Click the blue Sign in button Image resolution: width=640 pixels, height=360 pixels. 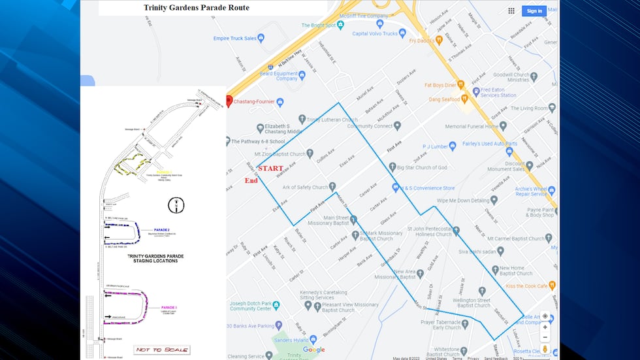tap(534, 10)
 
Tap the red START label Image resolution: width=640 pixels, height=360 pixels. tap(270, 169)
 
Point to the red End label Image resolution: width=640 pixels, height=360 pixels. tap(251, 180)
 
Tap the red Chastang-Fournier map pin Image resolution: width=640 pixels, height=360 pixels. tap(229, 101)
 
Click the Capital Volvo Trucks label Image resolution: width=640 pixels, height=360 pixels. tap(374, 33)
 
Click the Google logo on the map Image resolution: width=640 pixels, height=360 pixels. tap(313, 350)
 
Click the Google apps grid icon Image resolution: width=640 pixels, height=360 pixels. tap(511, 10)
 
